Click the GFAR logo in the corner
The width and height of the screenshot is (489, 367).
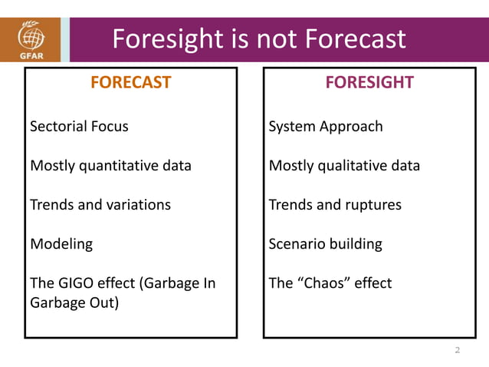pos(30,39)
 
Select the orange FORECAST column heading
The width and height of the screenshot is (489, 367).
pos(130,83)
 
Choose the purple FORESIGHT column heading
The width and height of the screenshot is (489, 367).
pos(369,83)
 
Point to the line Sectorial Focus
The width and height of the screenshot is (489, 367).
pos(79,126)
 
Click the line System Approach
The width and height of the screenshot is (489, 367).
pos(326,126)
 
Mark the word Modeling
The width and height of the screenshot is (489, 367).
pos(61,244)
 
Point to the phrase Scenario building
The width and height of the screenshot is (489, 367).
pos(326,244)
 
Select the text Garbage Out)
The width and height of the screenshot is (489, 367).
pos(74,303)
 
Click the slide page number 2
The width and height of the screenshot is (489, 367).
pos(458,351)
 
